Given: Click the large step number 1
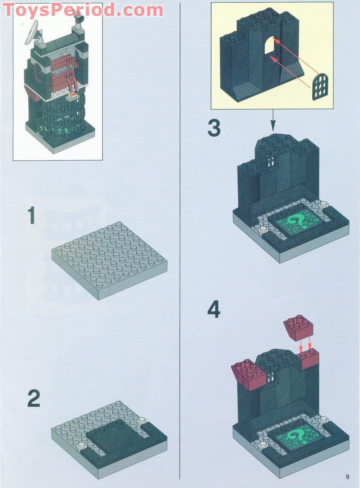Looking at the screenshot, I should [31, 216].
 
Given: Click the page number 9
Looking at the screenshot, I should [347, 477].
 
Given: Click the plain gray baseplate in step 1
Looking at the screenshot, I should [109, 259].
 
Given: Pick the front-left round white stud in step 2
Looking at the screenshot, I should [82, 446].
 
